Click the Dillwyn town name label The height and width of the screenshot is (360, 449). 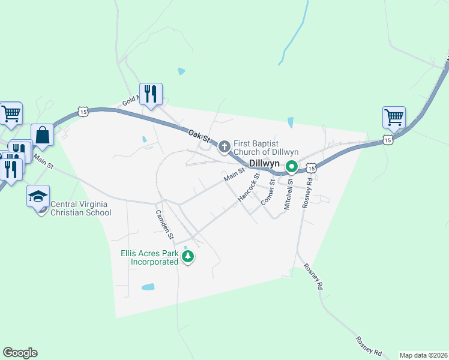[x=265, y=163]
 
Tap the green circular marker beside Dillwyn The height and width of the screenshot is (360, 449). [x=292, y=166]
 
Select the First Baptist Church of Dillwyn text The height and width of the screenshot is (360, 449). [x=266, y=148]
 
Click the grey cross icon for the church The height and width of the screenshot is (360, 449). [x=224, y=146]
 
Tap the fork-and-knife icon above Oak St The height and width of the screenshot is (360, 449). [x=151, y=94]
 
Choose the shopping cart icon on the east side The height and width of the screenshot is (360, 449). [x=394, y=118]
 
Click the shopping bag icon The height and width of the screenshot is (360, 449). [x=43, y=135]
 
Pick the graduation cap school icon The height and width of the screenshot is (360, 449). [x=38, y=196]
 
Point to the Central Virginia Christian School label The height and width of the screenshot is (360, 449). [x=81, y=208]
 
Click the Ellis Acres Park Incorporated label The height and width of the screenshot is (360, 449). [x=155, y=258]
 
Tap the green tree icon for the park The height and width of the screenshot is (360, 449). [x=188, y=257]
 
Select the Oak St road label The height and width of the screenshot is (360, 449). [x=197, y=136]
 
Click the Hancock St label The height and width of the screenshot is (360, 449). [x=248, y=187]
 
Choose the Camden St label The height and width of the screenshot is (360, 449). [x=164, y=222]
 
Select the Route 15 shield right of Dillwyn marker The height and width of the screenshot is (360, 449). [x=310, y=169]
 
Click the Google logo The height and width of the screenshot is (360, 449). [x=20, y=353]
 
